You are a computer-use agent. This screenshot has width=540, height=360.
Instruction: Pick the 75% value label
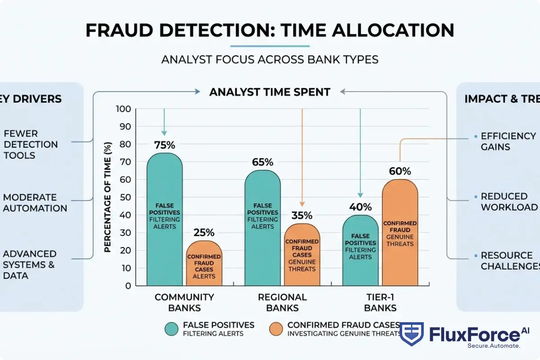point(164,145)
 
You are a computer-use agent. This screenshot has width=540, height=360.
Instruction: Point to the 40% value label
point(360,207)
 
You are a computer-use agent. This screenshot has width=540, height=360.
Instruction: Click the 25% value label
point(204,233)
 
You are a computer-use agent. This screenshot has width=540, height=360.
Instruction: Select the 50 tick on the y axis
point(126,198)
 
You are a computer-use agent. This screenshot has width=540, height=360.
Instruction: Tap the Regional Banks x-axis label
point(282,302)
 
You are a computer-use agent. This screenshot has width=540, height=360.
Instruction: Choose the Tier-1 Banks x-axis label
point(380,302)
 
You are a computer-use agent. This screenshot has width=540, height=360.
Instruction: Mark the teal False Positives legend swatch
point(171,329)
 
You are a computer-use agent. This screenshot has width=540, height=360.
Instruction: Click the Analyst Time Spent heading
point(270,92)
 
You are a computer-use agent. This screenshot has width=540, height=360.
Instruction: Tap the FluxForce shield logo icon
point(411,334)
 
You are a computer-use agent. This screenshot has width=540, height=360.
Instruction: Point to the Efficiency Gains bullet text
point(508,141)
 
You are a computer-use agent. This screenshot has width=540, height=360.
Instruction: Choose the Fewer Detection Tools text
point(30,144)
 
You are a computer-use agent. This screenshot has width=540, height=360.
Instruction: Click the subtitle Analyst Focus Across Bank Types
point(270,59)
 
